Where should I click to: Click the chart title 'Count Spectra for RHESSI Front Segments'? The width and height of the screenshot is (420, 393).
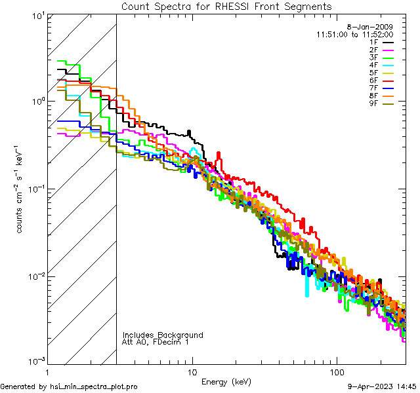tap(226, 7)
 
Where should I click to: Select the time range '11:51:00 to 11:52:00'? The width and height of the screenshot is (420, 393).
tap(354, 34)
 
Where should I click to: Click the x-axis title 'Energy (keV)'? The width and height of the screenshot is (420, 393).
tap(226, 381)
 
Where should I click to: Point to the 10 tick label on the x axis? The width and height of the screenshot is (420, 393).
tap(192, 372)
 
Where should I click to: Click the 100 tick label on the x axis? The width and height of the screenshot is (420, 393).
tap(336, 372)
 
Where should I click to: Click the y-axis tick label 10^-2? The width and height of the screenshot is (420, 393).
tap(35, 276)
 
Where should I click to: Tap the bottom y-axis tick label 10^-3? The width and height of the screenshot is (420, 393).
tap(35, 362)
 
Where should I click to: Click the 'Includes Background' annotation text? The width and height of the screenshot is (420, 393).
tap(163, 335)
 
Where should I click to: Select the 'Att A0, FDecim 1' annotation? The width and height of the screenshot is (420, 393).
tap(156, 342)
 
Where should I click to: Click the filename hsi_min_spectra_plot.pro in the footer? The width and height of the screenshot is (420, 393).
tap(94, 386)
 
